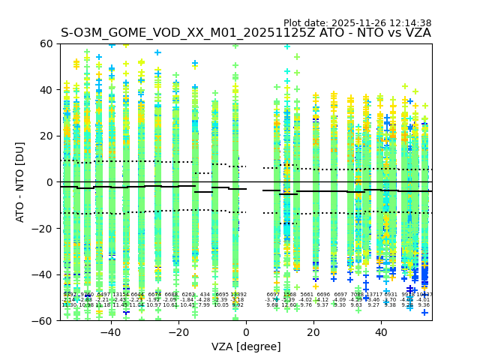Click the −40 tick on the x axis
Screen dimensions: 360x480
point(110,332)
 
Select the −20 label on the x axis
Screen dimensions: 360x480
point(178,332)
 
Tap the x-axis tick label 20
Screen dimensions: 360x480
point(313,332)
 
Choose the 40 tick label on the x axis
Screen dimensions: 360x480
point(381,332)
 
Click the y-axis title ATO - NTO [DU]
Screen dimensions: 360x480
point(21,182)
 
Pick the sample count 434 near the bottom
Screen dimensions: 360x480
point(205,295)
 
